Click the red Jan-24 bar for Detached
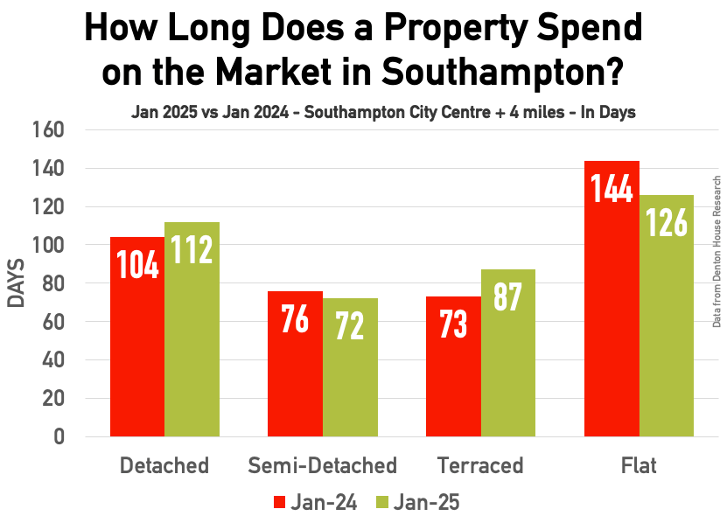point(136,337)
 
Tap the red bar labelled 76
point(295,364)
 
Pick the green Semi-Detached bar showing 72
point(350,367)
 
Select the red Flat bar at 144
point(612,298)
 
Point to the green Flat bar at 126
point(667,316)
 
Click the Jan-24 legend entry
point(316,502)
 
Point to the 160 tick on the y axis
point(49,129)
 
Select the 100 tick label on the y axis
point(49,245)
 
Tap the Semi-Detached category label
point(322,464)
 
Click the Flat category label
point(639,464)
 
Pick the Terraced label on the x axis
point(480,464)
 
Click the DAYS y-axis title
point(17,283)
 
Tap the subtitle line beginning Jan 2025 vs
point(383,112)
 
